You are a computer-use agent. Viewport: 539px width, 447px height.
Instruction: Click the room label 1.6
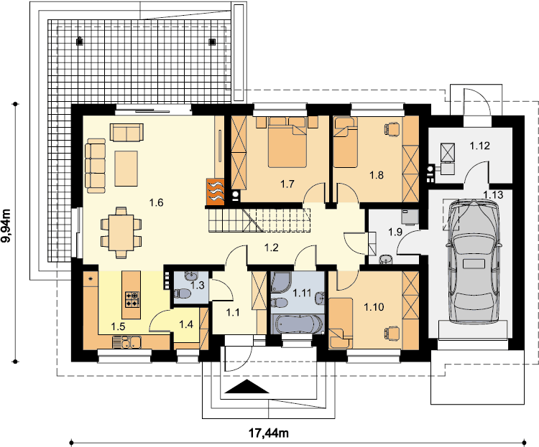tap(156, 202)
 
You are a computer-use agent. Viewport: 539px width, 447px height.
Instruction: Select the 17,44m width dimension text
tap(269, 433)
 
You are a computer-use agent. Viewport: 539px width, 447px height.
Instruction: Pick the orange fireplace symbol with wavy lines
tap(215, 192)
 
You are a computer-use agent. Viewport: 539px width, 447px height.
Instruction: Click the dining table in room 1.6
tap(121, 232)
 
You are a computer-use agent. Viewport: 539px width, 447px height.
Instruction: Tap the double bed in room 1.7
tap(287, 142)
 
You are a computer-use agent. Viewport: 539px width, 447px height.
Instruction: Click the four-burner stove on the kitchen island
tap(132, 298)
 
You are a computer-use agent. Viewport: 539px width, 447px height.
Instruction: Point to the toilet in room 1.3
tap(182, 294)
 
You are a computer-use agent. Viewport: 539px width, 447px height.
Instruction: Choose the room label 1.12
tap(479, 146)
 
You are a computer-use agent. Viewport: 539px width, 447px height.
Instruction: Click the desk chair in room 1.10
tap(392, 332)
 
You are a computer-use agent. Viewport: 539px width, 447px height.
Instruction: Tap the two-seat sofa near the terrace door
tap(126, 132)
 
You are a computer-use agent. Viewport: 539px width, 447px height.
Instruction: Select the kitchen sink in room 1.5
tap(126, 342)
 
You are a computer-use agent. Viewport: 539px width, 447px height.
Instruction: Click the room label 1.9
tap(395, 232)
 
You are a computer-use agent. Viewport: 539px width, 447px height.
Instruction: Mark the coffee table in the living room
tap(126, 168)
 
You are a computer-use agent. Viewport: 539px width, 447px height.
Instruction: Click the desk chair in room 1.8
tap(392, 129)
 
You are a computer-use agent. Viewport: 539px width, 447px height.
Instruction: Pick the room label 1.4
tap(186, 324)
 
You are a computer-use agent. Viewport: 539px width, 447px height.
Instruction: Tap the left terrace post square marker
tap(79, 42)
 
